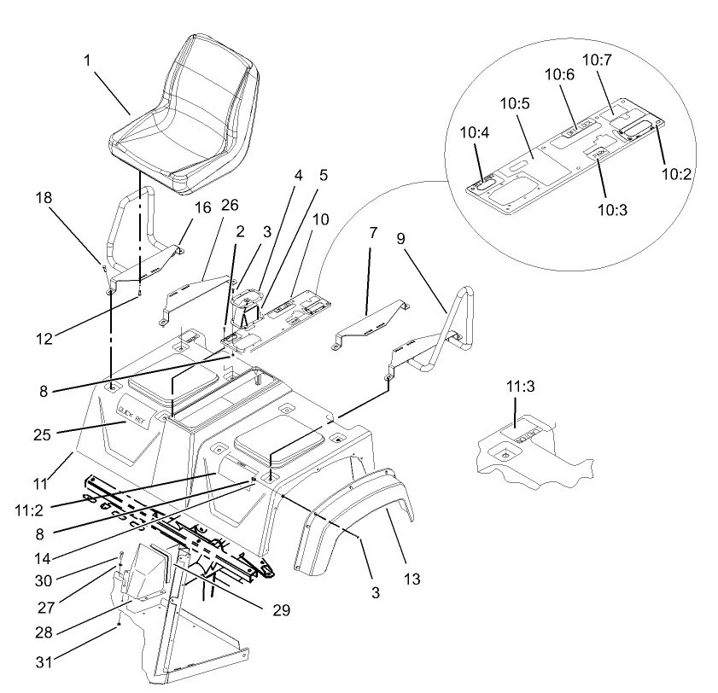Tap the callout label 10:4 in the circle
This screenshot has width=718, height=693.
(476, 133)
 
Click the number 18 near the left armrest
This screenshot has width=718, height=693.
(43, 198)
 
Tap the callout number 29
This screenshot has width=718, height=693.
(282, 610)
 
